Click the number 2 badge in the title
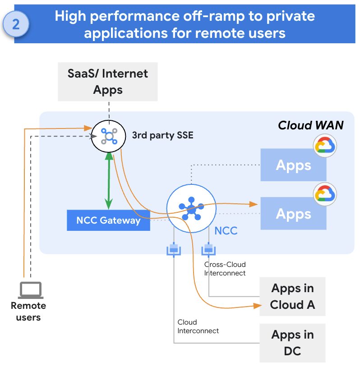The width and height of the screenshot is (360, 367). [16, 24]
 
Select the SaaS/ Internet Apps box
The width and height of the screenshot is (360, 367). [108, 81]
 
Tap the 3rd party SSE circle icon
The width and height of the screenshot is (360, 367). [108, 135]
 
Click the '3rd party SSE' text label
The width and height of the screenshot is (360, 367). [162, 135]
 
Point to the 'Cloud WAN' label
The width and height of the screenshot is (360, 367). [310, 125]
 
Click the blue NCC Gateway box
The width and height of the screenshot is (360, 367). [108, 220]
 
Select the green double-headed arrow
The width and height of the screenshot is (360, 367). [108, 181]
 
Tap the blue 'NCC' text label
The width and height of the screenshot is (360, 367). [226, 231]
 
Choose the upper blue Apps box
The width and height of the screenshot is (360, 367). [293, 165]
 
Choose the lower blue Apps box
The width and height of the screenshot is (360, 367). [293, 214]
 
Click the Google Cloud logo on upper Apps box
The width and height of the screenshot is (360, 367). [325, 145]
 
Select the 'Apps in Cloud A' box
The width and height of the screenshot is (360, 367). [292, 297]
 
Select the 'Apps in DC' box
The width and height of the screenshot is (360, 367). [292, 343]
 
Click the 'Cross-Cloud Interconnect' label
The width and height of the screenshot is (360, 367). [225, 269]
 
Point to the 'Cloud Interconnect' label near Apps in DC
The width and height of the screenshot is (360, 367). [198, 326]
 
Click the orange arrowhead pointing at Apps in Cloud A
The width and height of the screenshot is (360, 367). [257, 307]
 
